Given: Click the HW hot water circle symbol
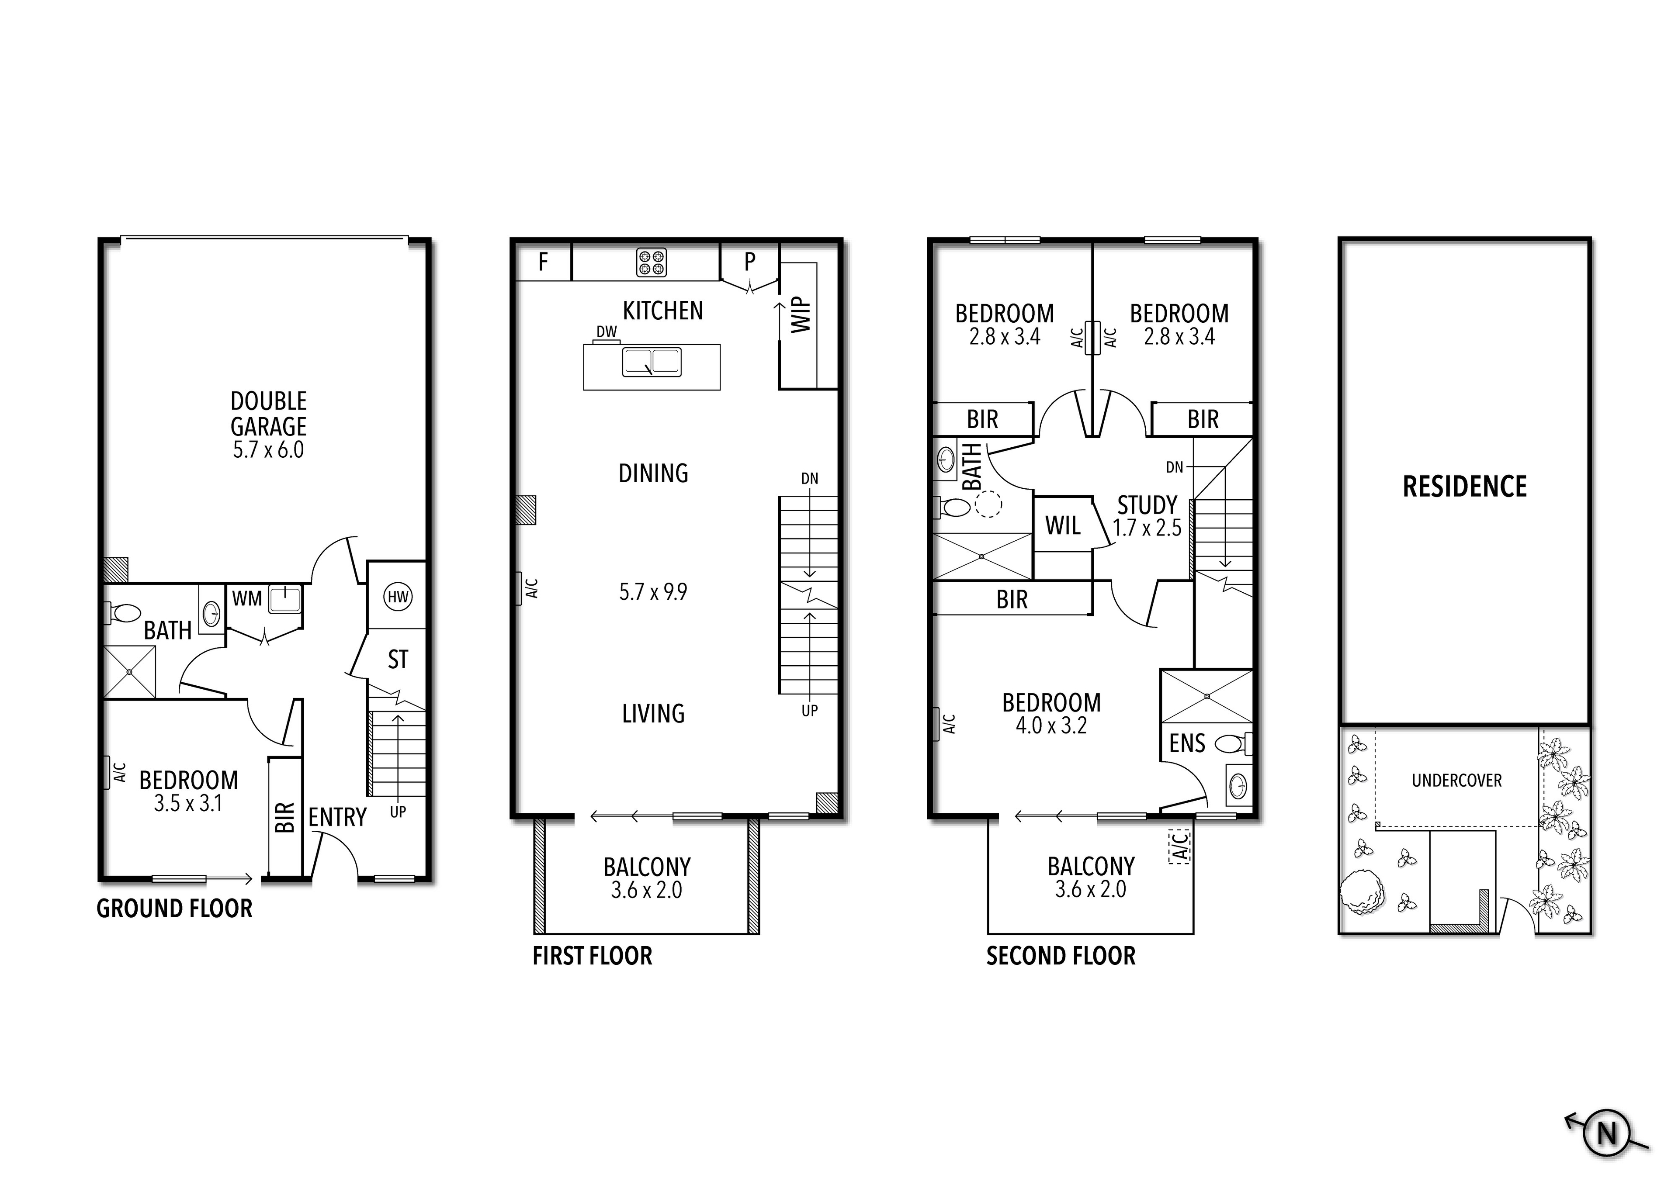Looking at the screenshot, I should pyautogui.click(x=398, y=597).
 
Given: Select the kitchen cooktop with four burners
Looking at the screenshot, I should pyautogui.click(x=651, y=262).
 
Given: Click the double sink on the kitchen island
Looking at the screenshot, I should pyautogui.click(x=651, y=362).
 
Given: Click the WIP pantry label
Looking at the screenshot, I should pyautogui.click(x=802, y=314).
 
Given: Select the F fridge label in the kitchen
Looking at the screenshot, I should pyautogui.click(x=543, y=262).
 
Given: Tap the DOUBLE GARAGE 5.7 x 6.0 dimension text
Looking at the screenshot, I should pyautogui.click(x=268, y=449).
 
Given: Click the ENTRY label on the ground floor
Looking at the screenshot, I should pyautogui.click(x=337, y=817).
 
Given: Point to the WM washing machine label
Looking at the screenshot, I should pyautogui.click(x=247, y=598).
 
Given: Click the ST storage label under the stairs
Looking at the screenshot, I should pyautogui.click(x=398, y=660).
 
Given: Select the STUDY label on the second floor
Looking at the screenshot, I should pyautogui.click(x=1147, y=505).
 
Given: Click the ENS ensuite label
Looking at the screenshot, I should pyautogui.click(x=1187, y=744).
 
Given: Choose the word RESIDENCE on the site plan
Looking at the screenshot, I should pyautogui.click(x=1465, y=487).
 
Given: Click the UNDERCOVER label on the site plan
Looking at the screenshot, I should pyautogui.click(x=1456, y=780).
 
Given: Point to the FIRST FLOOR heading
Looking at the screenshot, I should pyautogui.click(x=592, y=956).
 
